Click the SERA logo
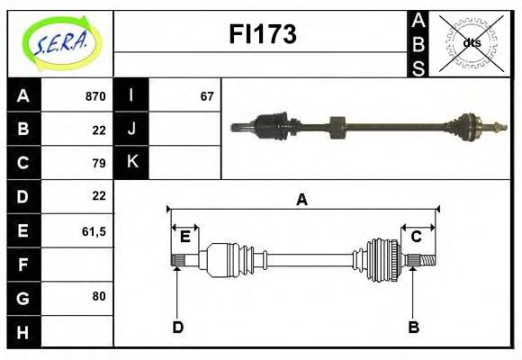pos(59,43)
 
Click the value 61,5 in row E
pos(94,231)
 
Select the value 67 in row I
pos(207,96)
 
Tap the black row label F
pos(22,265)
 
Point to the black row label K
pos(132,162)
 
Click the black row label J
pos(132,129)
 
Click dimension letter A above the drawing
pos(301,200)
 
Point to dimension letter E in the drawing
pos(184,237)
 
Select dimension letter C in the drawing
pos(416,237)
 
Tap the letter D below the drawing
pos(177,327)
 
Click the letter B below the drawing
pos(413,327)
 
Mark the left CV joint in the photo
pos(269,125)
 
